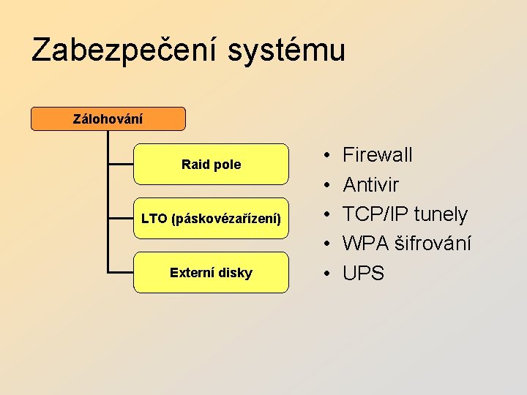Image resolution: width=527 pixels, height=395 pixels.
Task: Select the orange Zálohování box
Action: click(108, 118)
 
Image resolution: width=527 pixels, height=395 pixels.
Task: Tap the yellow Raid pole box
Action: click(211, 165)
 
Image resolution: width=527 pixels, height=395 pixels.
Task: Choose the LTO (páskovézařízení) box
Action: click(211, 218)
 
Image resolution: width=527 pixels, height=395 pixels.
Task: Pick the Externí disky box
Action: click(211, 273)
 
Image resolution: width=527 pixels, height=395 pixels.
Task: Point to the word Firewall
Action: click(378, 155)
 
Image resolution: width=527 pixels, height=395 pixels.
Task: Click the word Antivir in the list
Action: click(370, 184)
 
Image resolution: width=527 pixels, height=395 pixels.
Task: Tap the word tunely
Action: click(441, 214)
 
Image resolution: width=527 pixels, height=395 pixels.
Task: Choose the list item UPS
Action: click(363, 274)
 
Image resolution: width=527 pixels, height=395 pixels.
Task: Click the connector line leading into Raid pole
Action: click(121, 165)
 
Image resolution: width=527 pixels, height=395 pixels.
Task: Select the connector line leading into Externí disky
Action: click(121, 273)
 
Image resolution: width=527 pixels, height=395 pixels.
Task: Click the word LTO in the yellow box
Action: click(154, 218)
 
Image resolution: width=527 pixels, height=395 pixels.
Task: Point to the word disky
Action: click(235, 273)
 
